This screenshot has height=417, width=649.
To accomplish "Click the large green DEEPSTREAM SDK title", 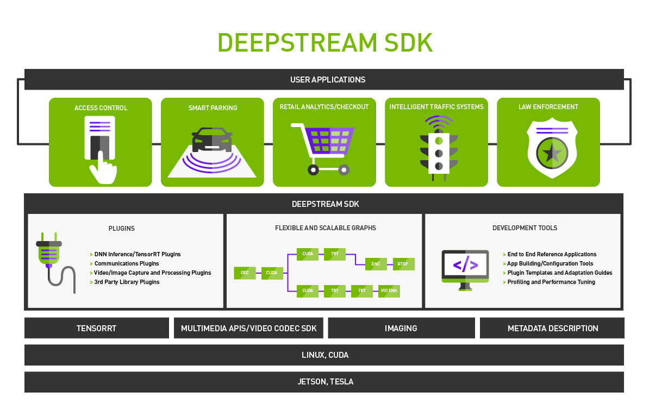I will [324, 42].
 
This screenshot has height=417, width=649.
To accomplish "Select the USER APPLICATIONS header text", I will [327, 80].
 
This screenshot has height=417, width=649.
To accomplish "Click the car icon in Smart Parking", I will [212, 140].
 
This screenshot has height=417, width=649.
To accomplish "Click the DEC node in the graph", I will [245, 273].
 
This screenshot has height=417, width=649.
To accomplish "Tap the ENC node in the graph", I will [376, 264].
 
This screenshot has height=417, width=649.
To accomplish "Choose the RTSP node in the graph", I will [403, 264].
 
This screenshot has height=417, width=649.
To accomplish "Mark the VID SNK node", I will [389, 291].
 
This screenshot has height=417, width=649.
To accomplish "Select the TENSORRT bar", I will [96, 328].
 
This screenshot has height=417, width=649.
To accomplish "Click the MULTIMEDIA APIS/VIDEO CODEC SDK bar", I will [248, 328].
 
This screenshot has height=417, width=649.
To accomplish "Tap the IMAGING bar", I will [401, 328].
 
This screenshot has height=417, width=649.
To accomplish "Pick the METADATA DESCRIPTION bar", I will [552, 328].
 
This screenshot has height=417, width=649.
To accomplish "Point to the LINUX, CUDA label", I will [324, 355].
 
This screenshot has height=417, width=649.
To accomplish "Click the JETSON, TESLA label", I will [325, 382].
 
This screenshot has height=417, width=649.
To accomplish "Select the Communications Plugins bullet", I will [126, 263].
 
